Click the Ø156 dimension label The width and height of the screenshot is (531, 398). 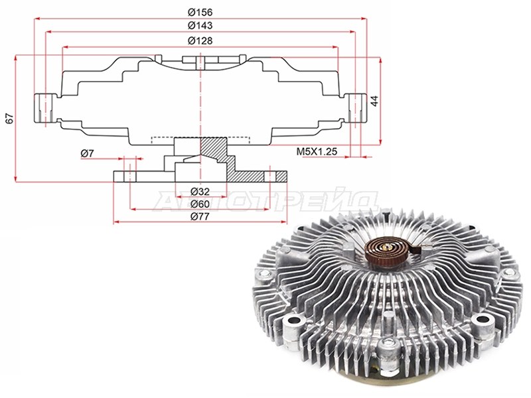[x=200, y=13]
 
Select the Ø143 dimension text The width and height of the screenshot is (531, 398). [x=200, y=26]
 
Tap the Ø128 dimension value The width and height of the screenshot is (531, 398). [x=200, y=41]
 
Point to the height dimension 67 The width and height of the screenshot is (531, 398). [x=9, y=118]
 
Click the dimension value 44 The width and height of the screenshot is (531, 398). [x=374, y=101]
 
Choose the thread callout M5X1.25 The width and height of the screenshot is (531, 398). [x=317, y=151]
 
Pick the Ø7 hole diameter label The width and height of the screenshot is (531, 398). [x=87, y=154]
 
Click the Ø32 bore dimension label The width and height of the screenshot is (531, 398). [x=200, y=192]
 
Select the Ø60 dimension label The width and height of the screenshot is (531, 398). [x=200, y=204]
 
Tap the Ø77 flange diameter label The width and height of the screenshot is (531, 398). [x=200, y=217]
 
